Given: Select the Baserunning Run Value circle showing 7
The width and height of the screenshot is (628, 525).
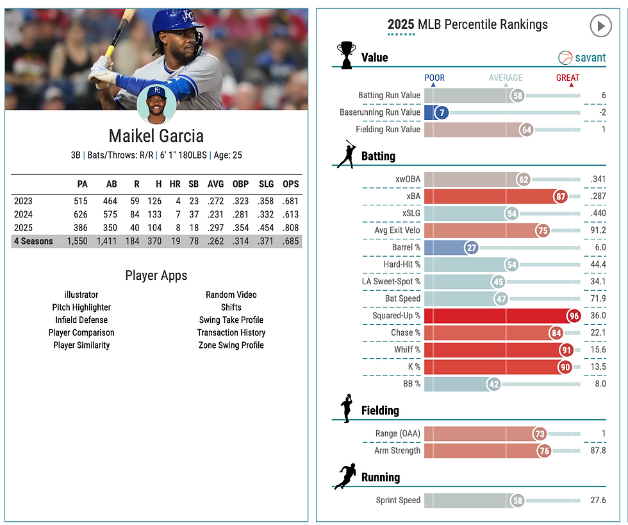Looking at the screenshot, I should pos(440,112).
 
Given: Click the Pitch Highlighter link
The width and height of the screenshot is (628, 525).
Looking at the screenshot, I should pos(81,307).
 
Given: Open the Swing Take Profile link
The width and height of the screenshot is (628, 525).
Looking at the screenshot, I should pos(231,320).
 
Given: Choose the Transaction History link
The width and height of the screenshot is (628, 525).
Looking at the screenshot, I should pos(231,332).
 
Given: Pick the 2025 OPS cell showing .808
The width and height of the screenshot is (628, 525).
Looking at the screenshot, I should pos(290,228).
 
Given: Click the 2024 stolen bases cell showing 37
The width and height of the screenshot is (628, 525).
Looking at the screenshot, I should pos(194,214).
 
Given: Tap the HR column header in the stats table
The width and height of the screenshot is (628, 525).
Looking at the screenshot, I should pos(175,184).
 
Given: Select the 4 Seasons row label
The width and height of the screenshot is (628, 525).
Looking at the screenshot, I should pos(33,241).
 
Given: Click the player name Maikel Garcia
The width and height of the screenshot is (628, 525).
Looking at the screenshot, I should pos(156,136).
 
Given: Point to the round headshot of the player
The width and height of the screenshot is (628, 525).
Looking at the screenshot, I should pos(156,104).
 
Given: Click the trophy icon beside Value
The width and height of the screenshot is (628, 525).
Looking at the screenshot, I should pos(346,55).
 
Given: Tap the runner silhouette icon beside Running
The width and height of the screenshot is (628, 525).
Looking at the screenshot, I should pos(345,477).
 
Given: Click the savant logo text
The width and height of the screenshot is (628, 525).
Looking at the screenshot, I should pos(590,58).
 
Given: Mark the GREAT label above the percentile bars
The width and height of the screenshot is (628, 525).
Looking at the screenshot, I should pos(568,78).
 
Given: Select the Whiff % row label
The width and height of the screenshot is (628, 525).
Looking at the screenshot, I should pos(407,349).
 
